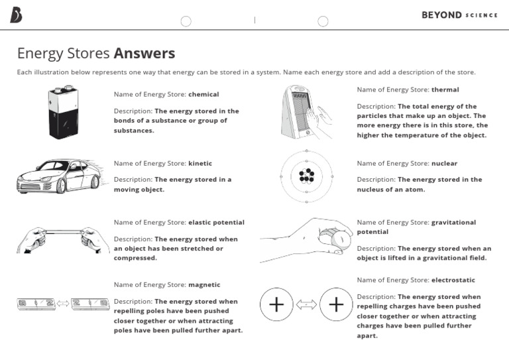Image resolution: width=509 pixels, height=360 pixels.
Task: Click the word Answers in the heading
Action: coord(144,53)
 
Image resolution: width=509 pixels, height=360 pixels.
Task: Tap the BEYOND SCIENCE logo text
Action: coord(459,15)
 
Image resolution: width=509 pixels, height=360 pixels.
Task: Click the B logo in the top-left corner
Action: coord(16,15)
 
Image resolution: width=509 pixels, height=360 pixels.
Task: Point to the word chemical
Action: coord(203,95)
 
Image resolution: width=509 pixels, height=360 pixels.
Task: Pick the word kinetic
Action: coord(200,164)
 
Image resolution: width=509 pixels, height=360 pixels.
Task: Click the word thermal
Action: coord(445,90)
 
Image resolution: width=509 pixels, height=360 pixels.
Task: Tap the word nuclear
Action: coord(444,164)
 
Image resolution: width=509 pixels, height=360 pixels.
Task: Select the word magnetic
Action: coord(204,285)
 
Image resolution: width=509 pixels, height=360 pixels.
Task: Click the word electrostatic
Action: coord(453,280)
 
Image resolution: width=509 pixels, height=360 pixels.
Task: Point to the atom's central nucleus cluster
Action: coord(306,176)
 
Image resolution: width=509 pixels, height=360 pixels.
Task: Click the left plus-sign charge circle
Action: coord(276,304)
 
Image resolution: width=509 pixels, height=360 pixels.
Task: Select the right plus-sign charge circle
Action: coord(336,304)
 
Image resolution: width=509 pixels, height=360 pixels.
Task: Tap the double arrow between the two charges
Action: coord(306,304)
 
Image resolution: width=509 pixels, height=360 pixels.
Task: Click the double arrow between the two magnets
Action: coord(63,304)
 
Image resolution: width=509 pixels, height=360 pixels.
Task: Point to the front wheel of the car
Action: coord(61,186)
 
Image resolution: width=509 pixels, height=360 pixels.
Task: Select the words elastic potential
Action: coord(216,223)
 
